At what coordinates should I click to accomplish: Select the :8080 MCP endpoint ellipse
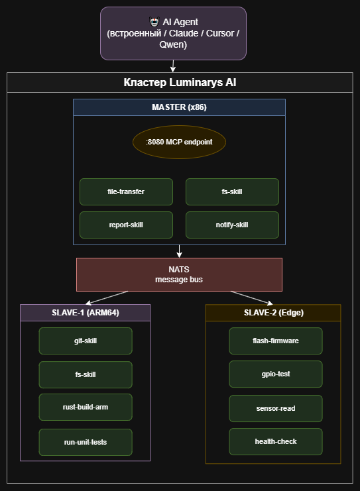pyautogui.click(x=179, y=142)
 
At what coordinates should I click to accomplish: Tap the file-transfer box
pyautogui.click(x=126, y=191)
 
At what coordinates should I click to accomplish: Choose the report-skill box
pyautogui.click(x=126, y=225)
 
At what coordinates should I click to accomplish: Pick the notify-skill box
pyautogui.click(x=232, y=225)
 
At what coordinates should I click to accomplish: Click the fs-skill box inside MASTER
pyautogui.click(x=232, y=191)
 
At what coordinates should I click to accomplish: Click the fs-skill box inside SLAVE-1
pyautogui.click(x=86, y=374)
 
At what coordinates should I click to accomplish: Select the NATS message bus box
pyautogui.click(x=179, y=274)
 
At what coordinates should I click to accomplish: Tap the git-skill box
pyautogui.click(x=86, y=341)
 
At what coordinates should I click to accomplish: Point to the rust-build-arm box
pyautogui.click(x=86, y=407)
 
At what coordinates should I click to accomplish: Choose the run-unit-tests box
pyautogui.click(x=86, y=442)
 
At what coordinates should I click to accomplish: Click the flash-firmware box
pyautogui.click(x=276, y=341)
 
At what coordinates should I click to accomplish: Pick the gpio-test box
pyautogui.click(x=276, y=374)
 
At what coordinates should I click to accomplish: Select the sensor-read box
pyautogui.click(x=276, y=408)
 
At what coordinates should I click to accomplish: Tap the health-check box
pyautogui.click(x=276, y=441)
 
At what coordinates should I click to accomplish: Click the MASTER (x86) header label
pyautogui.click(x=179, y=107)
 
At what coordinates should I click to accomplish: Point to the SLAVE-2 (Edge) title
pyautogui.click(x=273, y=313)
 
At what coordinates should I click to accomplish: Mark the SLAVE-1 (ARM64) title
pyautogui.click(x=86, y=313)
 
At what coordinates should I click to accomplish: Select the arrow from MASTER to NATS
pyautogui.click(x=179, y=251)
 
